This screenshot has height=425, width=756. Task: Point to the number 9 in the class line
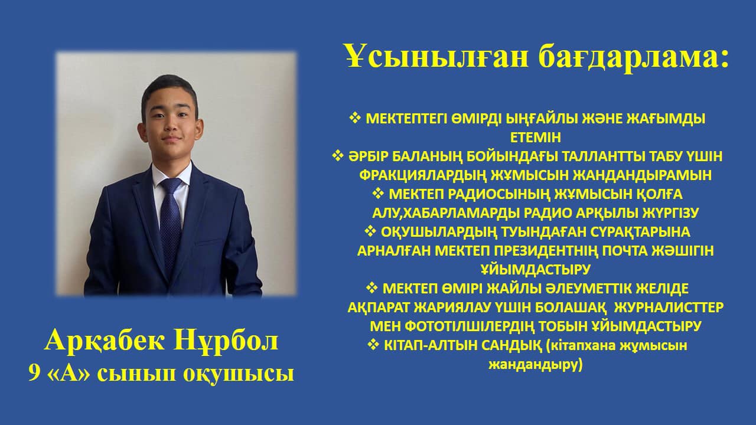(34, 374)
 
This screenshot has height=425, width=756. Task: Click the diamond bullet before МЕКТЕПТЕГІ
(355, 118)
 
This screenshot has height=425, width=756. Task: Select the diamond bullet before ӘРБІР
(337, 156)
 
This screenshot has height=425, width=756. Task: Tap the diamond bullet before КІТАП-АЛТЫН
(373, 345)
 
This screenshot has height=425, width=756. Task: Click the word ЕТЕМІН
(536, 138)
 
